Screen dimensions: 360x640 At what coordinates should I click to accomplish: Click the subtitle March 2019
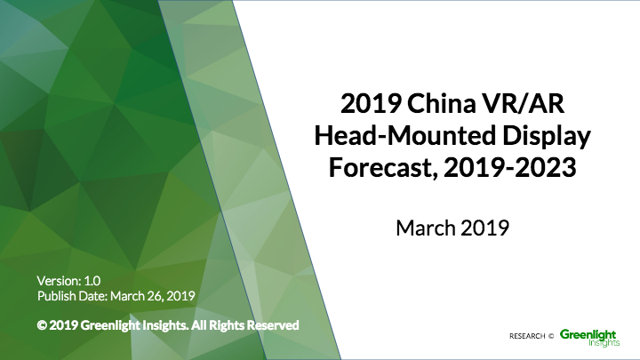(x=452, y=228)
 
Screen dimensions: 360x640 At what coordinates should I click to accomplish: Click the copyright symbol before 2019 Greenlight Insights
(x=42, y=325)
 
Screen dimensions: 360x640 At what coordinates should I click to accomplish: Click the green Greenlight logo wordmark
(x=588, y=332)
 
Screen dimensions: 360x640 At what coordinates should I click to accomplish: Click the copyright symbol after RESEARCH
(x=551, y=336)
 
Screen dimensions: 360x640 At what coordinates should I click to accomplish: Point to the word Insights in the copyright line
(x=169, y=325)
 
